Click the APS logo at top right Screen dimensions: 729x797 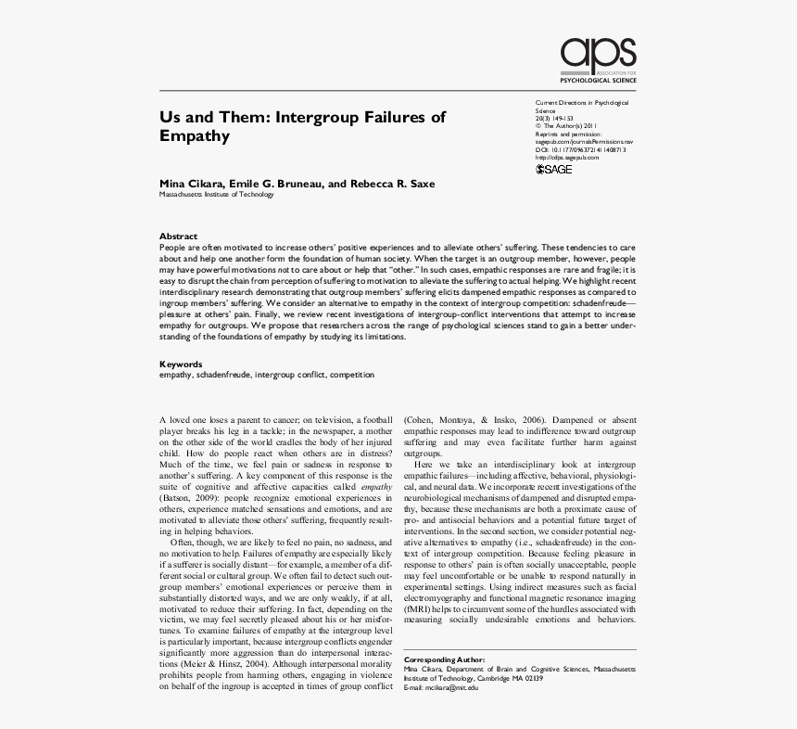coord(598,57)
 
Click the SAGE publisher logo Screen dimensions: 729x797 coord(554,169)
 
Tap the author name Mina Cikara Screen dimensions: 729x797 coord(190,184)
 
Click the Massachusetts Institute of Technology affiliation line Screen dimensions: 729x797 coord(217,195)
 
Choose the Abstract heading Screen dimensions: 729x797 coord(178,237)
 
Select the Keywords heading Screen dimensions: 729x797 coord(181,364)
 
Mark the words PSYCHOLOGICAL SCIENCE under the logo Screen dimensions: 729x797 coord(600,82)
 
